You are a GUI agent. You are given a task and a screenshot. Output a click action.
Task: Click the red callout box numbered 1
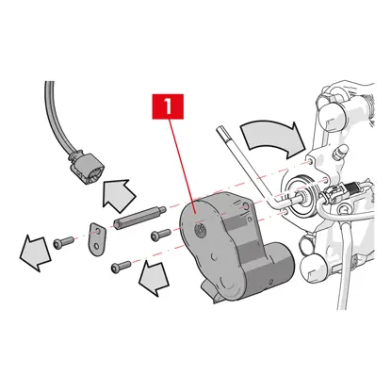tap(168, 106)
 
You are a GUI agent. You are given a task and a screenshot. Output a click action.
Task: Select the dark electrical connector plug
tap(86, 169)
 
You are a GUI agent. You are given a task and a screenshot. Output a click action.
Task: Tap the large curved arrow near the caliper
tap(272, 139)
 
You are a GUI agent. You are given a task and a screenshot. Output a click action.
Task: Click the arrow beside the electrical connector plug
tap(119, 195)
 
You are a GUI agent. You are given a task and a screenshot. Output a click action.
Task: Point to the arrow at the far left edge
tap(35, 253)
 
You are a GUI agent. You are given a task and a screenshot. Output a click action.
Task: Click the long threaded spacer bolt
tap(139, 218)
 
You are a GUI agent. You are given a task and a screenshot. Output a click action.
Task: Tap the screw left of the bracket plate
tap(63, 242)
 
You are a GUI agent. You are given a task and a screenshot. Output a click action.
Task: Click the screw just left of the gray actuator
tap(161, 235)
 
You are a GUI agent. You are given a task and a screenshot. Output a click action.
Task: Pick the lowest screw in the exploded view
tap(121, 267)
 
